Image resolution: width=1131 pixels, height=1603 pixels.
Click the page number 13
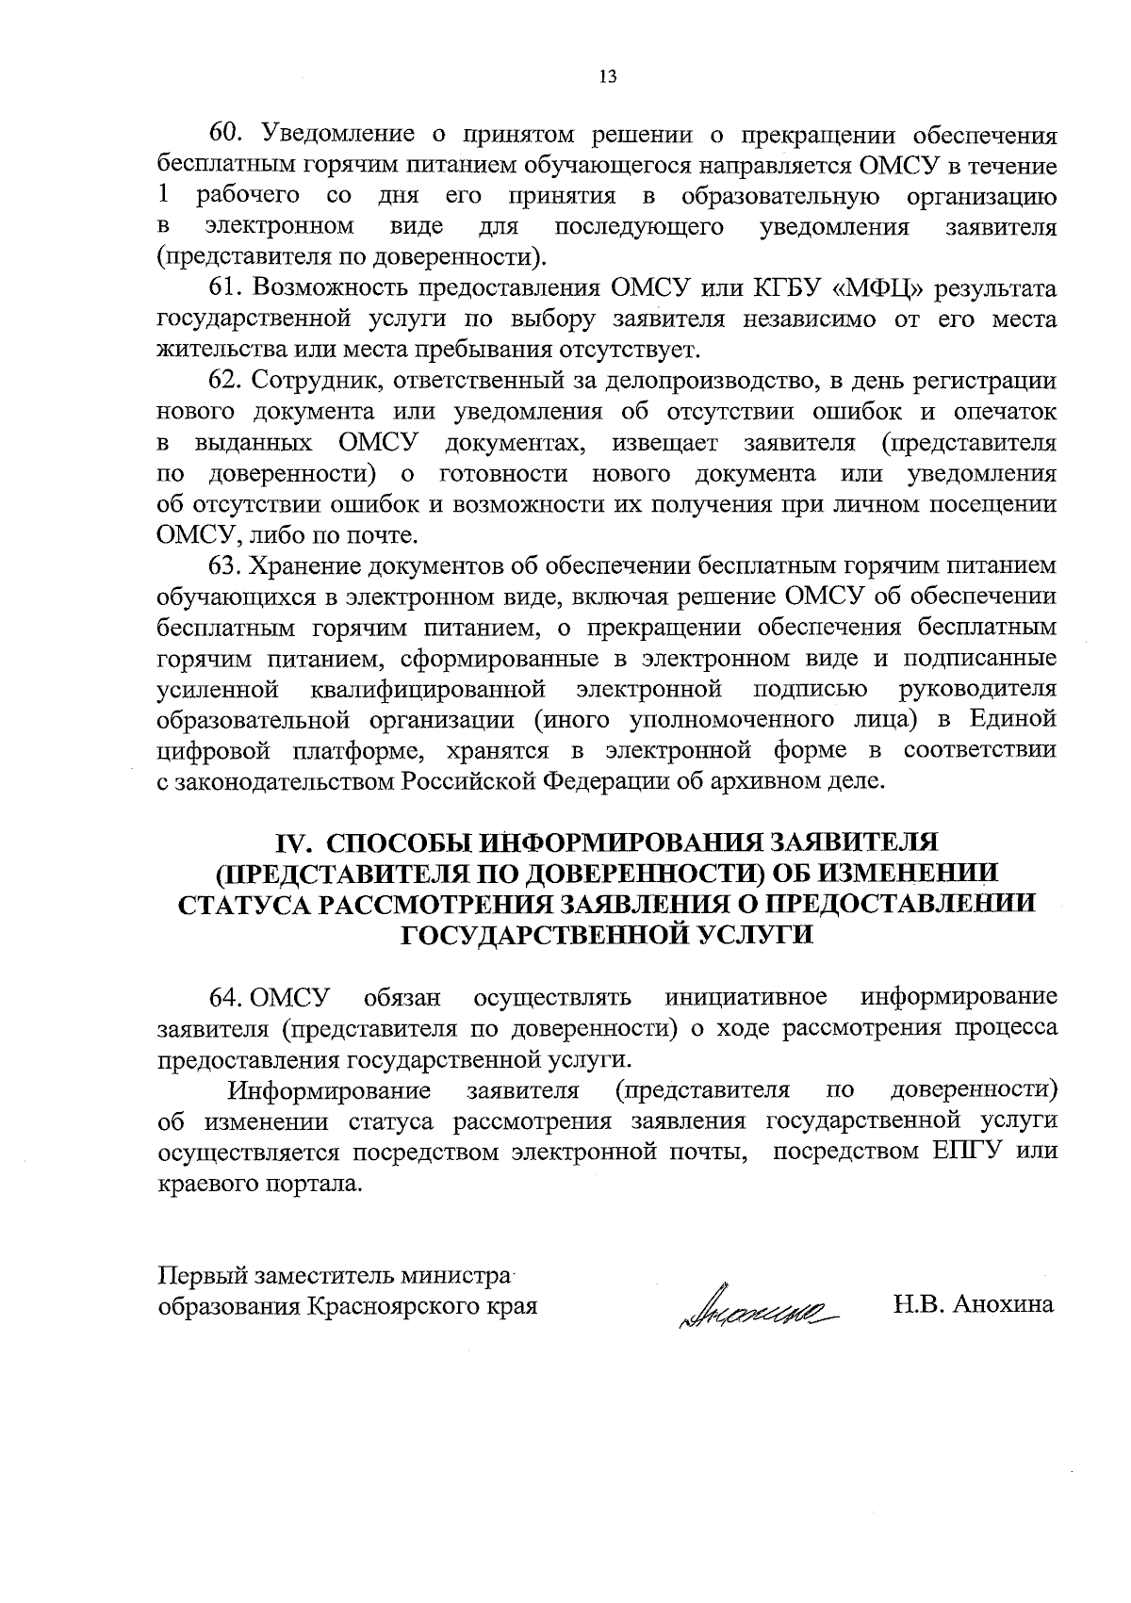coord(607,77)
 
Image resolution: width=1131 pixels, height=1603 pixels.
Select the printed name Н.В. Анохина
coord(974,1306)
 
